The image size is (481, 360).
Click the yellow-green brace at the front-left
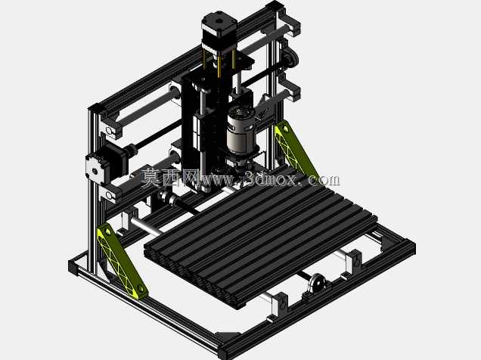pyautogui.click(x=122, y=261)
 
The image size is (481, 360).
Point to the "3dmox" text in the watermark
pyautogui.click(x=270, y=179)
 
